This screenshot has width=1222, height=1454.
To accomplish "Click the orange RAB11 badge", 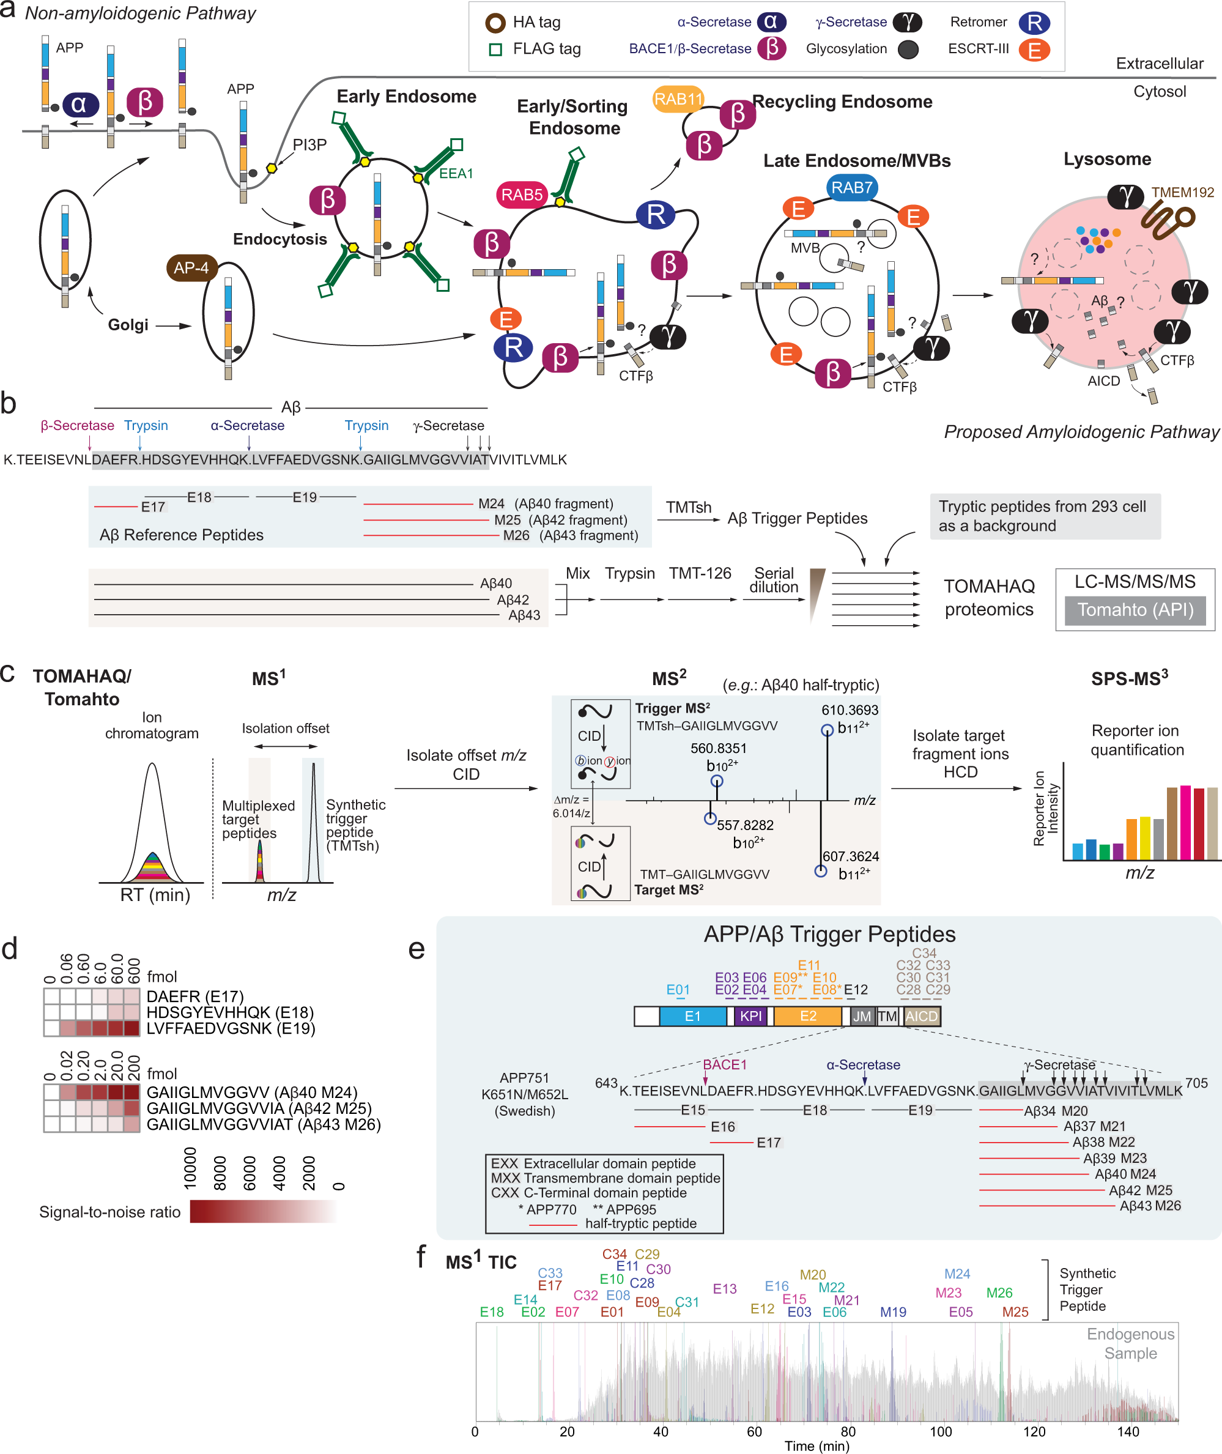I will coord(678,99).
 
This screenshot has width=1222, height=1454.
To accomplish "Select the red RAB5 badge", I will coord(522,195).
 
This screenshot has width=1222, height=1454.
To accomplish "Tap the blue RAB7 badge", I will coord(851,187).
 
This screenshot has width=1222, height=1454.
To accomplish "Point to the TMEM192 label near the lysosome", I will coord(1182,193).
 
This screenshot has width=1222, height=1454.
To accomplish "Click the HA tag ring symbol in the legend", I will coord(495,23).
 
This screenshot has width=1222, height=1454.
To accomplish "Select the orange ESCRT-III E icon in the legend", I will coord(1034,50).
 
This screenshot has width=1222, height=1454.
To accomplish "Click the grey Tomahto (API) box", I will coord(1135,610).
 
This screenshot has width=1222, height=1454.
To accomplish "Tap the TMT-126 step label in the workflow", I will coord(700,574).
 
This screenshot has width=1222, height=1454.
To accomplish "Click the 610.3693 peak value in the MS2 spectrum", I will coord(850,710).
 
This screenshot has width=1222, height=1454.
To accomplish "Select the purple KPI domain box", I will coord(750,1016).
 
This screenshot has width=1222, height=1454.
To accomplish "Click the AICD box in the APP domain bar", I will coord(921,1016).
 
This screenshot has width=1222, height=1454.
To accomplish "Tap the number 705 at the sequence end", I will coord(1196,1083).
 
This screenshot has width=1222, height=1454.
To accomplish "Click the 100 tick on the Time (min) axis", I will coord(940,1432).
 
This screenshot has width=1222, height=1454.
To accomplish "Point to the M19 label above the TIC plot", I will coord(893,1312).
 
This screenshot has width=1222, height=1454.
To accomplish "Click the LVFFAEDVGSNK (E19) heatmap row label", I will coord(231,1029).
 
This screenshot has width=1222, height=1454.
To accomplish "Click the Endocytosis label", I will coord(280,240).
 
